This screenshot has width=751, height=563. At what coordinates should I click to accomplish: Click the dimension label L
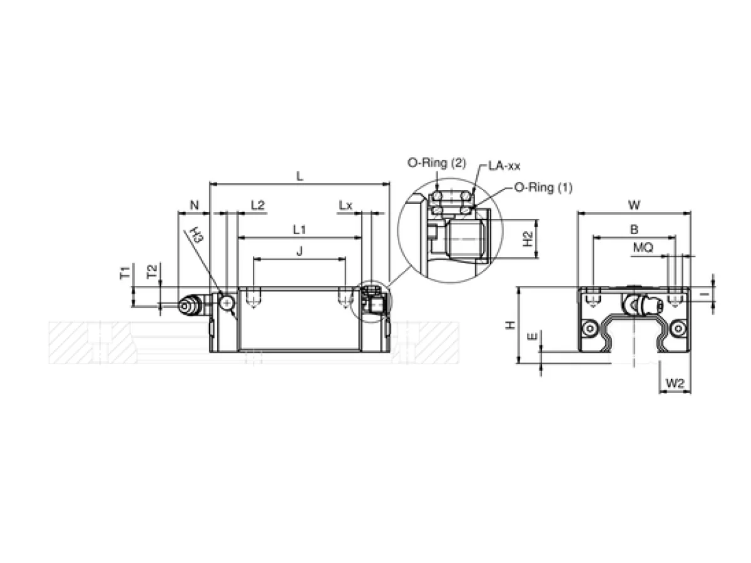299,176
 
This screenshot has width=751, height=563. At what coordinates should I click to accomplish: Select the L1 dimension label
299,230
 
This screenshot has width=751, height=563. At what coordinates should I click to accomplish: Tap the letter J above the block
300,251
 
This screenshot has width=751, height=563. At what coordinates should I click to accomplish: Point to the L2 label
258,205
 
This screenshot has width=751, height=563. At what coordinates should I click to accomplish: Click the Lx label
345,205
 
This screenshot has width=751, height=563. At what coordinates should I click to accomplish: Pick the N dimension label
194,205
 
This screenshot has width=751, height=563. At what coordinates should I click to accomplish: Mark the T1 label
125,273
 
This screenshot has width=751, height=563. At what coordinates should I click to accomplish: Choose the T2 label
152,271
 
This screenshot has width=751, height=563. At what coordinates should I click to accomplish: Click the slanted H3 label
197,234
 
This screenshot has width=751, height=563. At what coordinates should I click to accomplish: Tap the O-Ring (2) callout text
437,163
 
